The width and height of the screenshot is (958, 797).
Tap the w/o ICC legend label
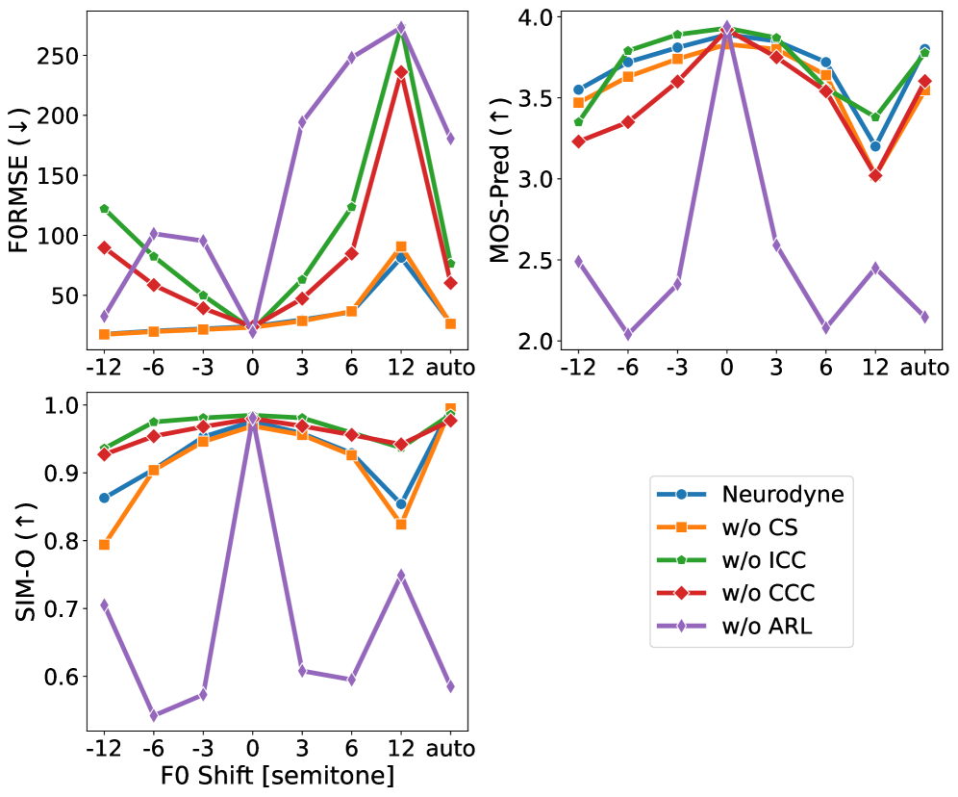point(763,560)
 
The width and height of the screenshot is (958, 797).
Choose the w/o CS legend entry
point(758,527)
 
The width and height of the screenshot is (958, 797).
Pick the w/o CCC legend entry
point(766,594)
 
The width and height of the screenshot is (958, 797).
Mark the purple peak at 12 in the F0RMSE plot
point(401,27)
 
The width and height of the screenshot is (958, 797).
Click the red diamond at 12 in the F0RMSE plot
point(401,72)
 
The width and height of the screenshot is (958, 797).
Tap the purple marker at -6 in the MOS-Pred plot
point(628,333)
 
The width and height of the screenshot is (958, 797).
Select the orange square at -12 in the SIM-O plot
point(104,545)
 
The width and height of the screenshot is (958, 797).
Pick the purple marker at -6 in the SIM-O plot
point(154,715)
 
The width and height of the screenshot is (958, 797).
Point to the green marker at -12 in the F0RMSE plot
point(104,209)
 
